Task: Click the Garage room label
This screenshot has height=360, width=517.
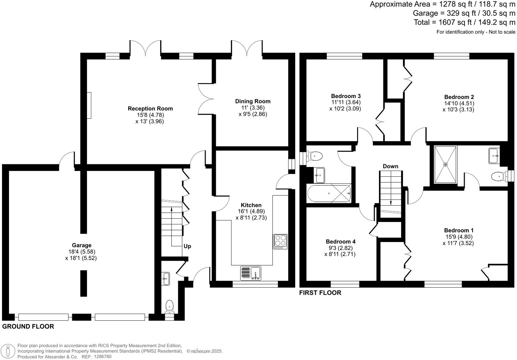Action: pyautogui.click(x=81, y=245)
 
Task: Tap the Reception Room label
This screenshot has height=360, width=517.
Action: pyautogui.click(x=150, y=108)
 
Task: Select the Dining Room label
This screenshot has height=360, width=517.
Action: pyautogui.click(x=253, y=101)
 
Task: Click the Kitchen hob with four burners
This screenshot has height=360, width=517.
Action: pyautogui.click(x=280, y=242)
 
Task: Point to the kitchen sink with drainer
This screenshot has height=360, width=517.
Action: pyautogui.click(x=251, y=273)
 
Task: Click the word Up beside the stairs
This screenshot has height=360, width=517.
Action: pyautogui.click(x=187, y=246)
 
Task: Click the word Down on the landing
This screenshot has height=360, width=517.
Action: pyautogui.click(x=390, y=166)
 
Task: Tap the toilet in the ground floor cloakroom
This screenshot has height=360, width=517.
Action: pyautogui.click(x=170, y=306)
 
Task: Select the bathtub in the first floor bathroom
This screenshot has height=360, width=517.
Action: pyautogui.click(x=329, y=193)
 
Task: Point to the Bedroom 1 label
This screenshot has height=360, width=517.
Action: pyautogui.click(x=458, y=230)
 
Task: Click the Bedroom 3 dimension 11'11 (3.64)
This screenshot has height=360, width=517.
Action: pyautogui.click(x=345, y=102)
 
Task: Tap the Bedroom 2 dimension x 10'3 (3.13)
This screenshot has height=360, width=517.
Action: pyautogui.click(x=458, y=109)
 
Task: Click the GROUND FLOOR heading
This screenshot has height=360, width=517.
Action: pyautogui.click(x=28, y=327)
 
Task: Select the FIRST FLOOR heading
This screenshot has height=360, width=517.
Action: pyautogui.click(x=320, y=293)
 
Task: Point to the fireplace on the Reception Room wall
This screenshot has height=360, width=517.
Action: pyautogui.click(x=89, y=105)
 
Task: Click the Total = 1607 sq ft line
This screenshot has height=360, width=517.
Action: pyautogui.click(x=464, y=22)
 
